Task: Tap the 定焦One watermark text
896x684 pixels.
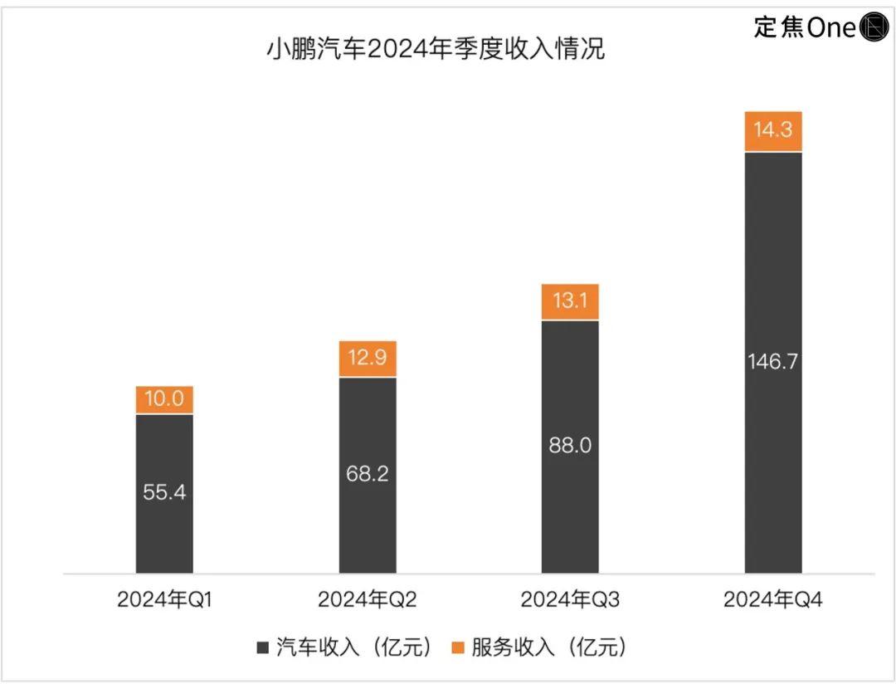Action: (804, 27)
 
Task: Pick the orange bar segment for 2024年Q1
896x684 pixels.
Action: (164, 400)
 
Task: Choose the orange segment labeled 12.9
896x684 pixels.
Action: (368, 359)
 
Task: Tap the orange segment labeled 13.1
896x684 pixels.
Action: (570, 302)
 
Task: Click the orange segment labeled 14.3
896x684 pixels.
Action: (773, 131)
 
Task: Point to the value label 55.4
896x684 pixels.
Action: (164, 492)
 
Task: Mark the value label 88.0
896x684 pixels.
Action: (570, 446)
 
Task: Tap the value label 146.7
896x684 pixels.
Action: (773, 362)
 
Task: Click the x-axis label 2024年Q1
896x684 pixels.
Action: (165, 600)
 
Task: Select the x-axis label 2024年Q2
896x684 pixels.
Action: (368, 600)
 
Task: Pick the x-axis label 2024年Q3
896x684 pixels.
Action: (570, 600)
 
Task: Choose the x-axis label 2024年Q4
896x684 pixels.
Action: (773, 600)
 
